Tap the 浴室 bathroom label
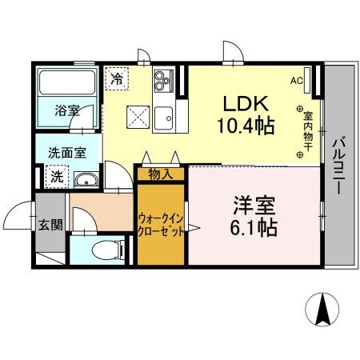tap(66, 111)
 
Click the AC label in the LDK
tap(296, 81)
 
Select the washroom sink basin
tap(86, 179)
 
